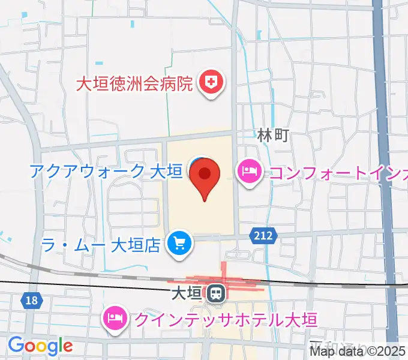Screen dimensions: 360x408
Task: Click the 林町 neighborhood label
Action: (x=273, y=135)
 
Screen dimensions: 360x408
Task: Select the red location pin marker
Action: (x=205, y=177)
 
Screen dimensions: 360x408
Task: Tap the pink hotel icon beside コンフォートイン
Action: (x=248, y=173)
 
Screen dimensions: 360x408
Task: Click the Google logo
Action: (x=40, y=345)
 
